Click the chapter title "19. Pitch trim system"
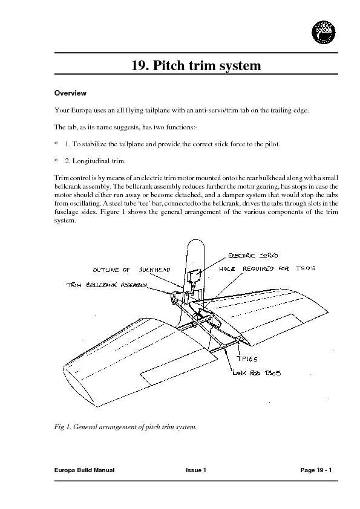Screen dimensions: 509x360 (x=196, y=65)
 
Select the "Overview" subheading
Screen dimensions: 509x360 (x=71, y=94)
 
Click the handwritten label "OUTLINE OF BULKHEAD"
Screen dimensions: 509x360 (x=131, y=269)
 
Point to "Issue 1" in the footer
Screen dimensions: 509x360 (x=196, y=470)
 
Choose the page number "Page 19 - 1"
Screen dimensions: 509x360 (x=316, y=470)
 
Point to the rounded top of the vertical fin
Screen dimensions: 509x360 (x=194, y=242)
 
